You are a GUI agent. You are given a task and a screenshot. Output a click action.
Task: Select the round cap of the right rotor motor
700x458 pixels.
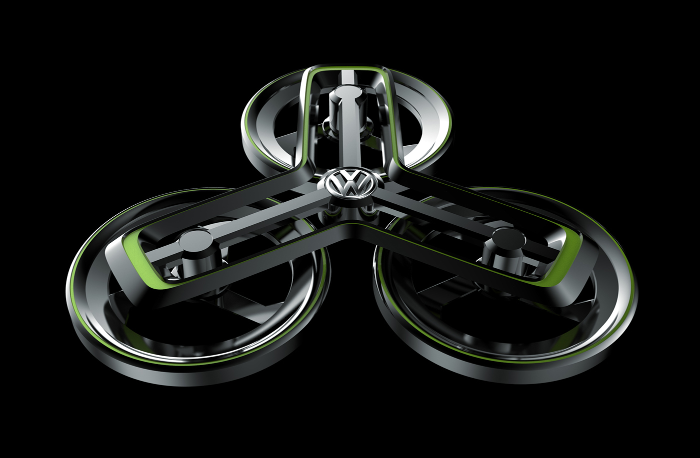click(x=508, y=238)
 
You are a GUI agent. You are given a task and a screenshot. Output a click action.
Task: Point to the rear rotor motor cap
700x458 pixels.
click(x=349, y=93)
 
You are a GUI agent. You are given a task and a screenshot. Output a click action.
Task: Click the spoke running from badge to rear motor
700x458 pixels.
click(x=349, y=135)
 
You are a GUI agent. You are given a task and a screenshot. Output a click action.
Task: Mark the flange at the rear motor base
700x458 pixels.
click(x=349, y=125)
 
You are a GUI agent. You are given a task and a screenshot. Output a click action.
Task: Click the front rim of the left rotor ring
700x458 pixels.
click(x=200, y=367)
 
